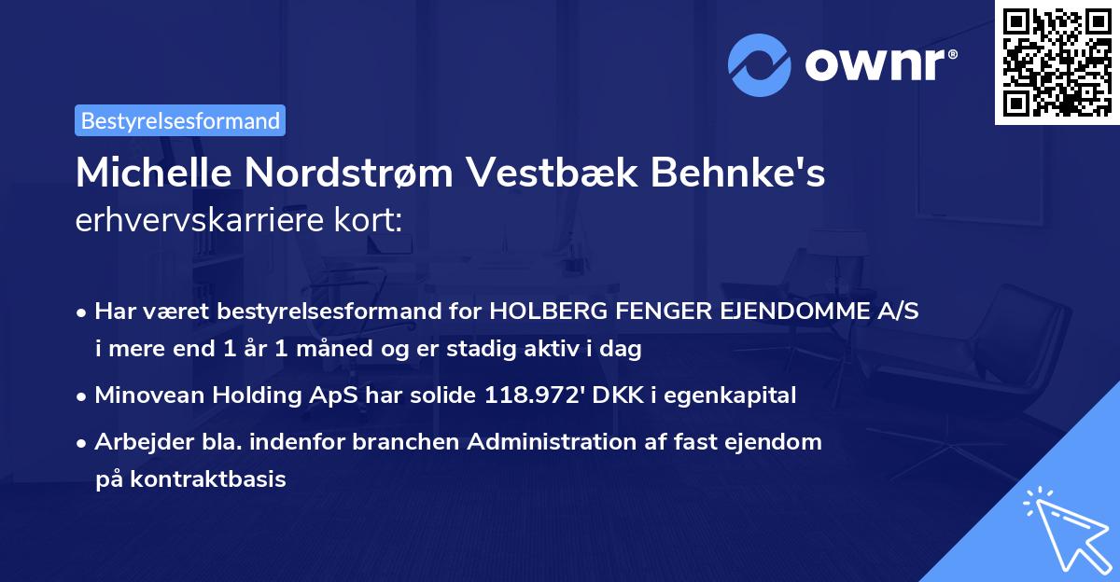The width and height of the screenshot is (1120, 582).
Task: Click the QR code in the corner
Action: (1057, 62)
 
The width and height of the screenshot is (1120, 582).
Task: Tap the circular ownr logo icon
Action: (761, 65)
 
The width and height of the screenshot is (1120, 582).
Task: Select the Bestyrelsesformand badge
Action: (180, 120)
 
